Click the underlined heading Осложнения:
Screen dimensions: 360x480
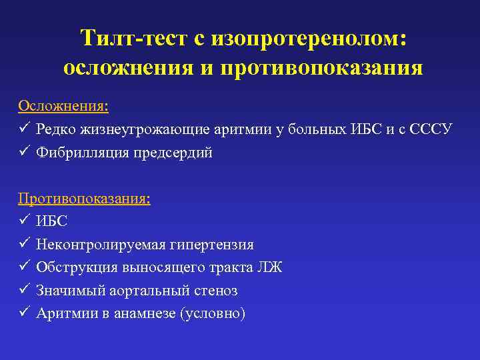64,106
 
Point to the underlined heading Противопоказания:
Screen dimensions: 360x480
84,199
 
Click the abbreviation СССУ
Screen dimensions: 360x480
433,129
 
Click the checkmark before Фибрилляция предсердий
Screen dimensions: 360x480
23,153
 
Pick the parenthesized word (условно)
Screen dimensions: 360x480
213,313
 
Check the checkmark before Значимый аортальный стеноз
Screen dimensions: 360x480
23,291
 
